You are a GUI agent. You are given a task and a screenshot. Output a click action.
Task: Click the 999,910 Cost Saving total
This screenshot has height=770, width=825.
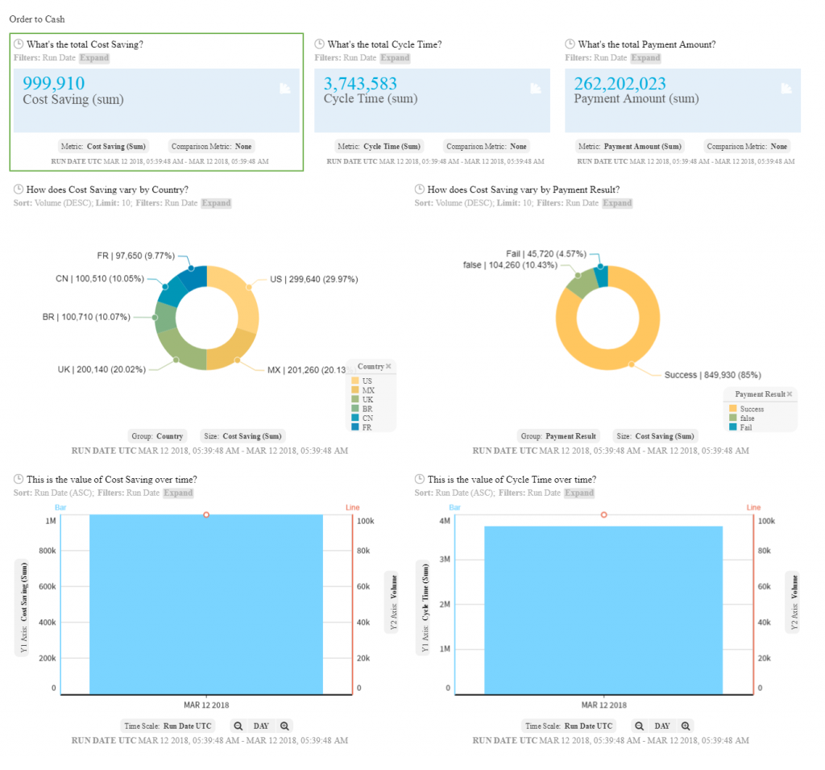point(53,83)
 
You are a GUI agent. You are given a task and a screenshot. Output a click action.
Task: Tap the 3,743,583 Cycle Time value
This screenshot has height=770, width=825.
point(360,83)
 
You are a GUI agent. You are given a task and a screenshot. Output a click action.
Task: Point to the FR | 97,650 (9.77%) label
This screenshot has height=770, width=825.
point(135,256)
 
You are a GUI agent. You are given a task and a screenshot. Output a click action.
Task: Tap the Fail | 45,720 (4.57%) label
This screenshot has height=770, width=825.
point(546,253)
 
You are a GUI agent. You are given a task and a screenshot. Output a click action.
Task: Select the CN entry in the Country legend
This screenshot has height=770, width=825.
point(367,418)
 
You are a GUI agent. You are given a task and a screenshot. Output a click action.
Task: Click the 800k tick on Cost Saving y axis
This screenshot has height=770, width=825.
point(47,551)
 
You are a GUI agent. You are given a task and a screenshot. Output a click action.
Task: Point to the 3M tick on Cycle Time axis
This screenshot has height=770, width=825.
point(444,559)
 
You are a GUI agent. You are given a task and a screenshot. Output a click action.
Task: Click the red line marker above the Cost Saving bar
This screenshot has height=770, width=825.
point(206,514)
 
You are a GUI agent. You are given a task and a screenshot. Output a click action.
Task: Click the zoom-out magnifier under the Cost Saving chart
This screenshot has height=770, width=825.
point(238,726)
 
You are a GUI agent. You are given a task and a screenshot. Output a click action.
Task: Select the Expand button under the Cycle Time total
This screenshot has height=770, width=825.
point(395,58)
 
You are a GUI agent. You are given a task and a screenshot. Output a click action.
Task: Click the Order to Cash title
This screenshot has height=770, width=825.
point(38,19)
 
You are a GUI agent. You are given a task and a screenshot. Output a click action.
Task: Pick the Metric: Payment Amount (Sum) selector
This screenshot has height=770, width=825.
point(630,147)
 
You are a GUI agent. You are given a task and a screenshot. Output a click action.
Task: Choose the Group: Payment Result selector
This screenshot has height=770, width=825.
point(558,436)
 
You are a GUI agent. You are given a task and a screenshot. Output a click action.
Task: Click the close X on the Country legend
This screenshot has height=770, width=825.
point(388,366)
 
